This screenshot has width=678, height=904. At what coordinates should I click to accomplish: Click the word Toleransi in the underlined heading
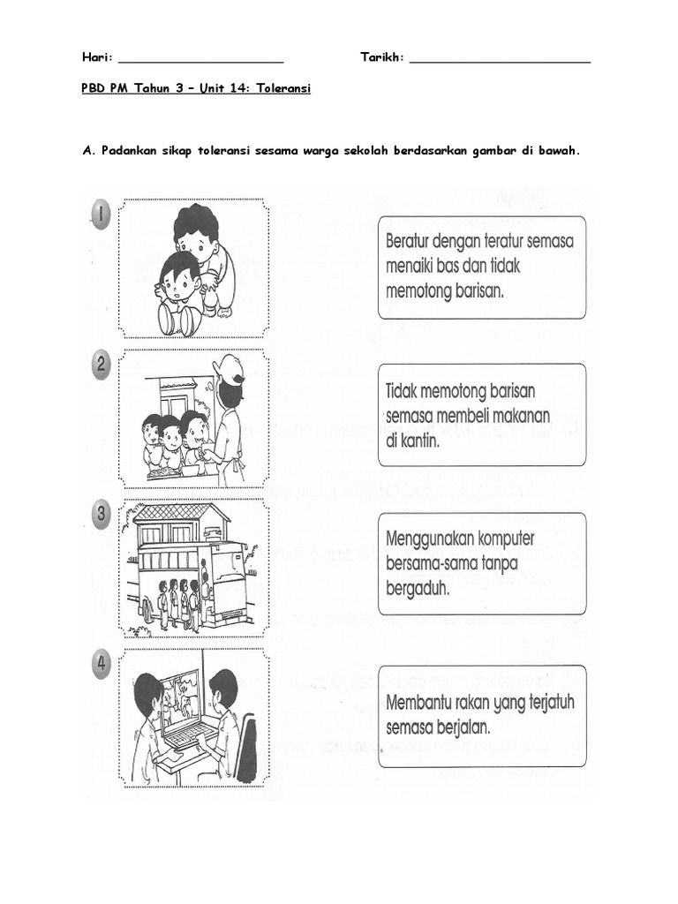(x=284, y=89)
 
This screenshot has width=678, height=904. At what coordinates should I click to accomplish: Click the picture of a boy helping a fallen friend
(x=195, y=268)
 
